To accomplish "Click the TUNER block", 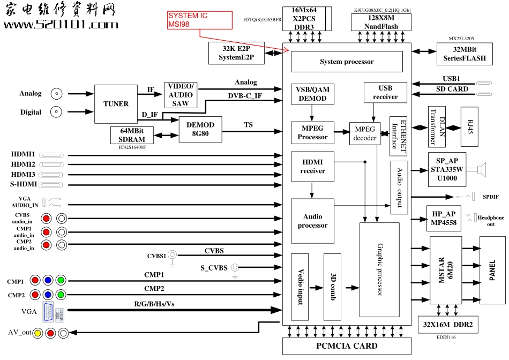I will (116, 104).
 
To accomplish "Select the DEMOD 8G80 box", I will (200, 129).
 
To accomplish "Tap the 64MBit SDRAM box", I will (132, 135).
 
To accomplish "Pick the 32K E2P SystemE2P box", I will (237, 52).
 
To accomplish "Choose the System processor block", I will (347, 62).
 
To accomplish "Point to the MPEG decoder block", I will (365, 133).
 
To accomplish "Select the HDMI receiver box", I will (312, 166).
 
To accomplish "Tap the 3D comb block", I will (332, 287).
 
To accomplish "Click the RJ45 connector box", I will (469, 127).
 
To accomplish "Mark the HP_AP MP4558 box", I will (444, 218).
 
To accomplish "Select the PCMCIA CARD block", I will (346, 346).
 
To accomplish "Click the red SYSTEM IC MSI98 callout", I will (199, 20).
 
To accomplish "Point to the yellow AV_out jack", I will (38, 333).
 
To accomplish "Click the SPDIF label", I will (490, 197).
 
